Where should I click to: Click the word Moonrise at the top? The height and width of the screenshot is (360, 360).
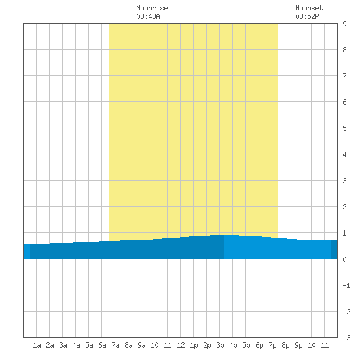click(152, 8)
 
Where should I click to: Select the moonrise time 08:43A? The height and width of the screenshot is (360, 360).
click(148, 16)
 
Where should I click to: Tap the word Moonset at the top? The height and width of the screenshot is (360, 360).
click(309, 8)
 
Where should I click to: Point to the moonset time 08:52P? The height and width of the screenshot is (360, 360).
click(307, 16)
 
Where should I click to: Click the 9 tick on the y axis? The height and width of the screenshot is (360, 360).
click(344, 24)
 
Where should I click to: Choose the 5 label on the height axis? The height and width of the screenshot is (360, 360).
click(344, 128)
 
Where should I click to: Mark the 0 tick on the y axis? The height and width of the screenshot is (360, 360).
click(344, 259)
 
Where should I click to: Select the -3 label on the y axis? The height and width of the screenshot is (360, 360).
click(346, 338)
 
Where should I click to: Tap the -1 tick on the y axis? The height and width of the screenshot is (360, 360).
click(346, 285)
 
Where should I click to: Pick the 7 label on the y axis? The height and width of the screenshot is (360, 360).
click(344, 76)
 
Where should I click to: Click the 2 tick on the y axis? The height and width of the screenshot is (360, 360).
click(344, 207)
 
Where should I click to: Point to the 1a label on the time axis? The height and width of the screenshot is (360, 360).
click(37, 345)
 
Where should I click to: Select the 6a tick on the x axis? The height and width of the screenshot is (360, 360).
click(102, 345)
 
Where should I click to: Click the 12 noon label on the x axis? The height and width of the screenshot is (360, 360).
click(181, 345)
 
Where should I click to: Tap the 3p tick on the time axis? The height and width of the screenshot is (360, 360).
click(220, 346)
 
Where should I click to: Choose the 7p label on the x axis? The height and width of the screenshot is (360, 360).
click(272, 346)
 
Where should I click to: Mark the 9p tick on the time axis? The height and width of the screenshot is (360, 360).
click(298, 346)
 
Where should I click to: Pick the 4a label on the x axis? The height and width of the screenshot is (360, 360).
click(76, 345)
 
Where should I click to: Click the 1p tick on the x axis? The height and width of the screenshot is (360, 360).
click(194, 346)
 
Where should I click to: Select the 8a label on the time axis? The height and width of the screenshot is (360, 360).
click(128, 345)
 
